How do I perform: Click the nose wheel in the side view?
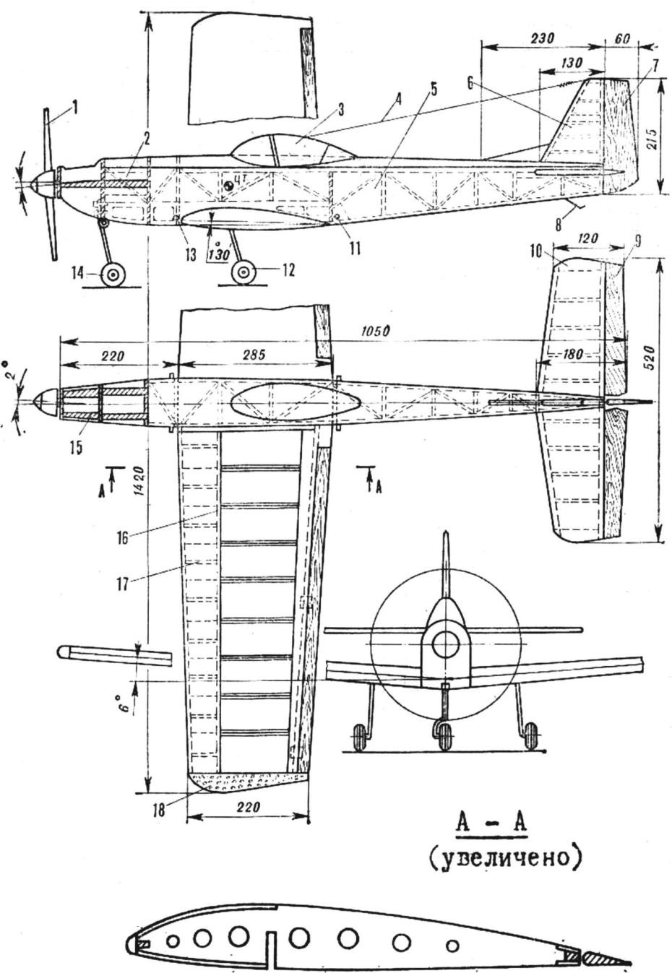coord(113,275)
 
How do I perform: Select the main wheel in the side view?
coord(244,273)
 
